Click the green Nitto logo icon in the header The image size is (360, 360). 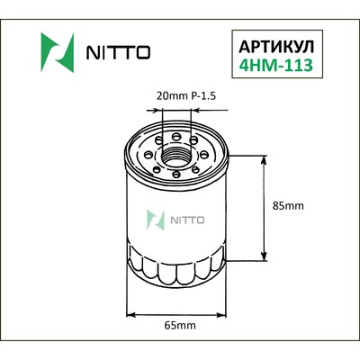pyautogui.click(x=55, y=49)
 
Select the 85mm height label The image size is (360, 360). pyautogui.click(x=288, y=206)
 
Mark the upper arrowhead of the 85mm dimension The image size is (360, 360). pyautogui.click(x=264, y=158)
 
